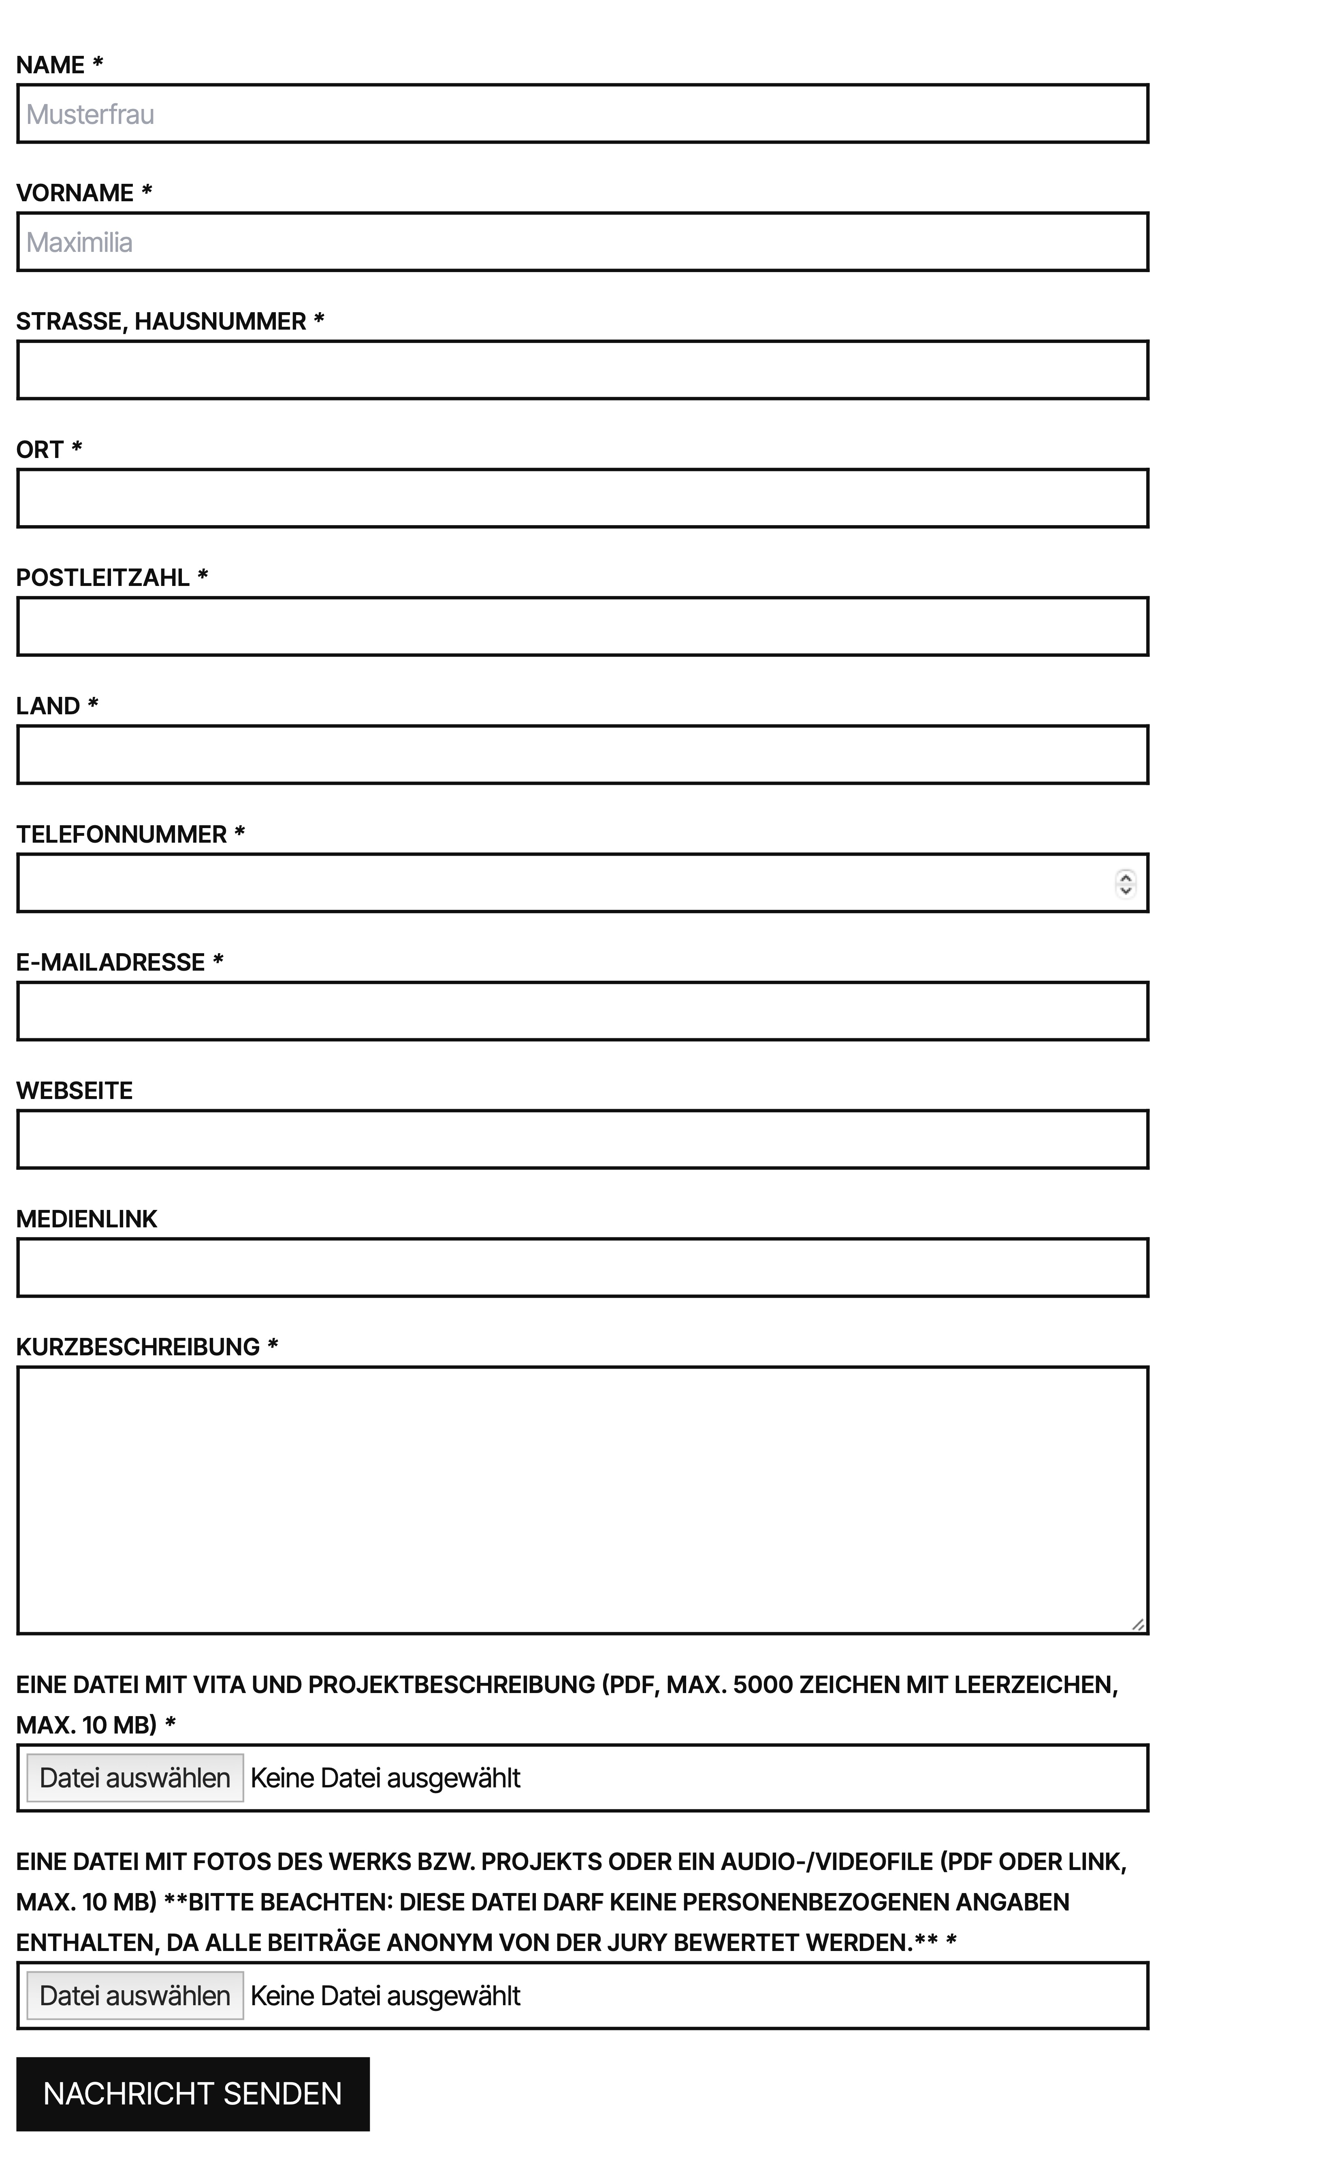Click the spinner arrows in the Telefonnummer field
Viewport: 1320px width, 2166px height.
pyautogui.click(x=1125, y=883)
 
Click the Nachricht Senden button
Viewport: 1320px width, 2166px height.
pyautogui.click(x=192, y=2094)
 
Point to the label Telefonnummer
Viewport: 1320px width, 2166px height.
pyautogui.click(x=122, y=834)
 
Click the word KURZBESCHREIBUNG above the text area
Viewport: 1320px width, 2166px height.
pyautogui.click(x=138, y=1347)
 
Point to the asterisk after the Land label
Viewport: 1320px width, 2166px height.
pyautogui.click(x=93, y=705)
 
